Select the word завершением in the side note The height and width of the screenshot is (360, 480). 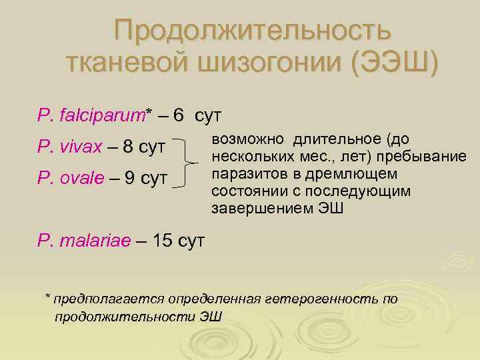pyautogui.click(x=254, y=209)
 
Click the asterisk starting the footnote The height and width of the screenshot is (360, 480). pyautogui.click(x=47, y=295)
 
